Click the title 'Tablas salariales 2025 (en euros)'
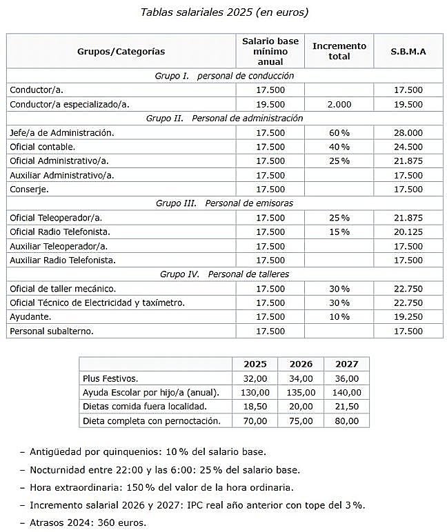(x=224, y=12)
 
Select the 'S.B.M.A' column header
(x=408, y=51)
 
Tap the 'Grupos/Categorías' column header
(x=121, y=51)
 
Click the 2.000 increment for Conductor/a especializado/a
(x=339, y=104)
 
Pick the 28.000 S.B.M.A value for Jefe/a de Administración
(x=408, y=132)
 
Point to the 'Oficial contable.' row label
(x=43, y=147)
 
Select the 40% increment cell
(x=339, y=147)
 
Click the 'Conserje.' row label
(x=30, y=189)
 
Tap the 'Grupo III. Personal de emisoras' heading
(x=224, y=203)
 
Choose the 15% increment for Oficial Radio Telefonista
(x=339, y=232)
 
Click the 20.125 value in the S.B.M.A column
(x=408, y=232)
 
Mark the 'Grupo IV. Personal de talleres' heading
(x=224, y=274)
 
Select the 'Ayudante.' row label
(x=30, y=316)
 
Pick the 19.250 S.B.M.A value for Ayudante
(x=408, y=316)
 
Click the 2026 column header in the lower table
(x=301, y=364)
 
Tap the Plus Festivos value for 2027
(x=347, y=378)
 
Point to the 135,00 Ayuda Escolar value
(x=301, y=392)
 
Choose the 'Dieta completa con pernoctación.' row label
(x=151, y=420)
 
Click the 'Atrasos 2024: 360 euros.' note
(x=88, y=522)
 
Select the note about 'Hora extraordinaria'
(x=161, y=487)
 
